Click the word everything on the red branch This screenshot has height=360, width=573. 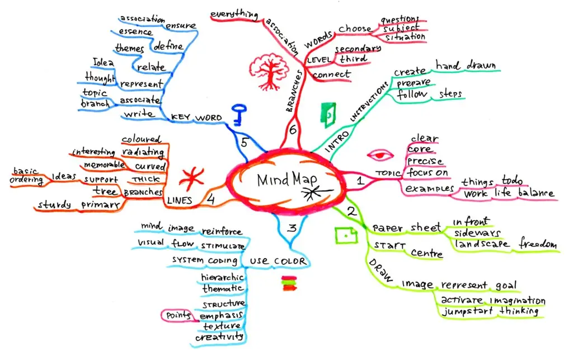point(233,14)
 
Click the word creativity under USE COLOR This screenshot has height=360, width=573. point(219,337)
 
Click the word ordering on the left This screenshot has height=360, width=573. point(26,180)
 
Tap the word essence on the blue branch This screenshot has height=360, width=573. point(135,32)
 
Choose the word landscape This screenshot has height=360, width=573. point(482,245)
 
